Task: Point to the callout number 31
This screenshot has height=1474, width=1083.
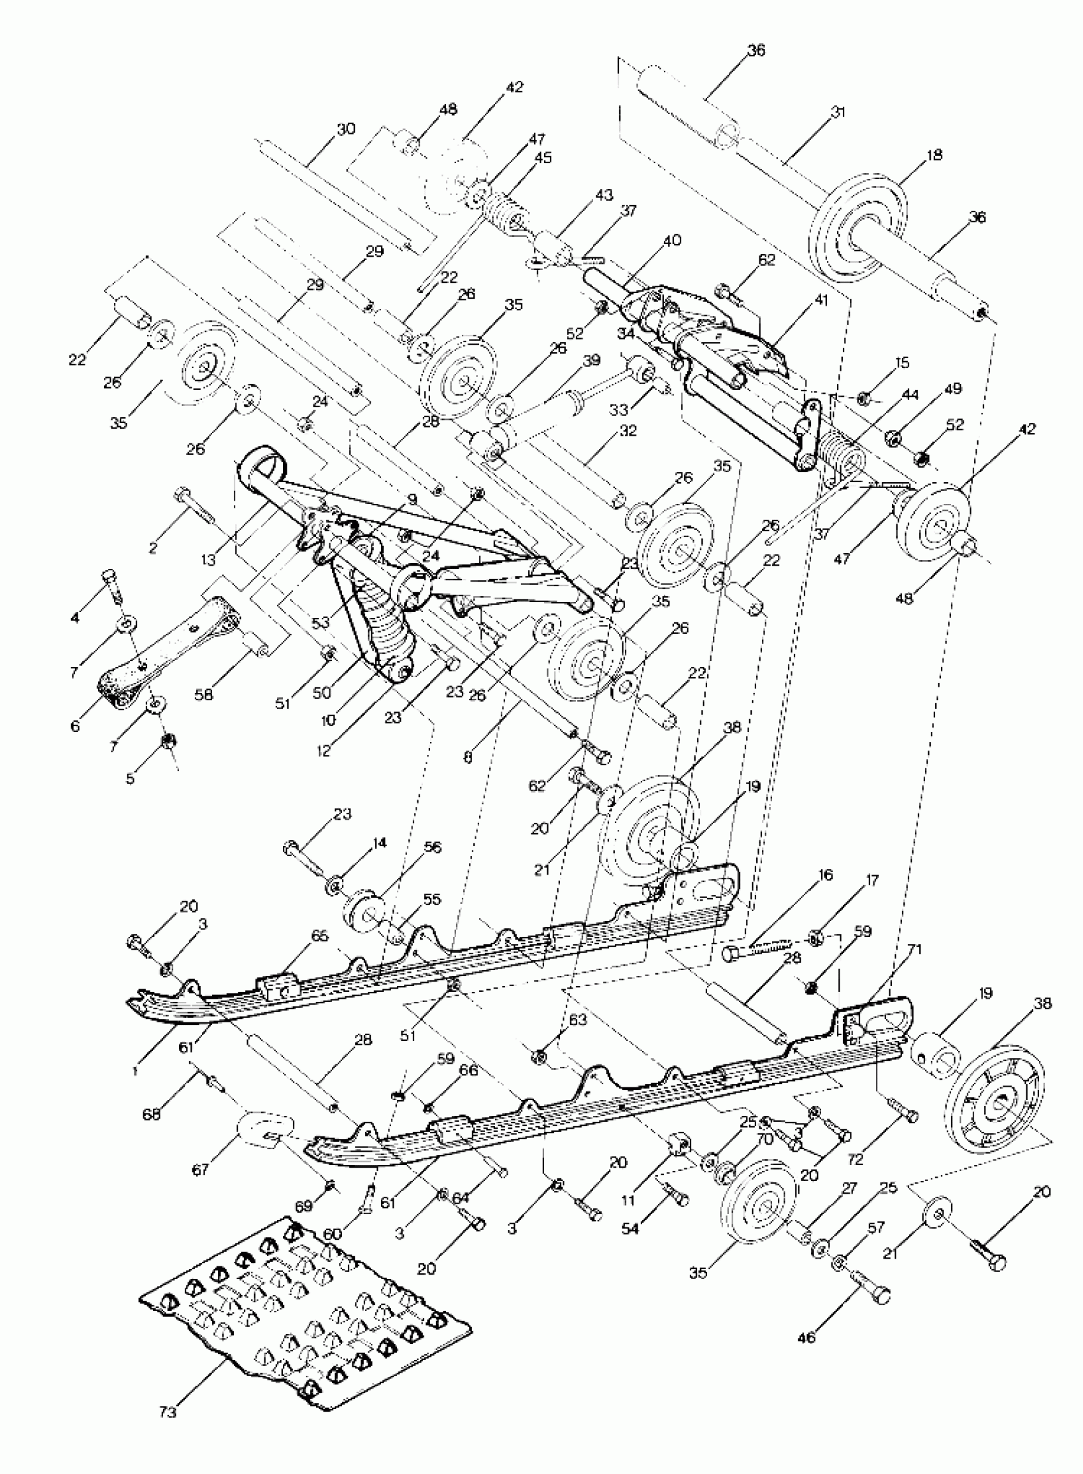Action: tap(837, 112)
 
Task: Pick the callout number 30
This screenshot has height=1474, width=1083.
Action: tap(345, 129)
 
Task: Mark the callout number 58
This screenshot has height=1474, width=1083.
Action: tap(204, 694)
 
